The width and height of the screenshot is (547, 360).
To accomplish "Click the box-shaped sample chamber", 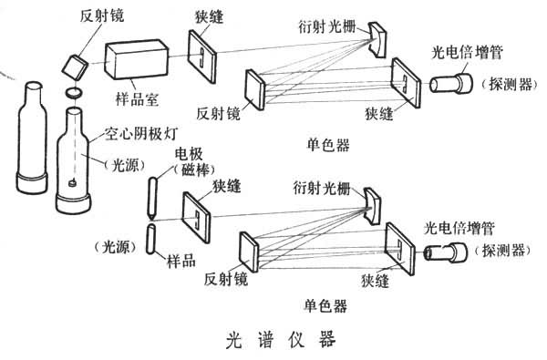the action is click(x=137, y=59).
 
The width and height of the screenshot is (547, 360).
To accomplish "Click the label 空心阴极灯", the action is click(x=141, y=134).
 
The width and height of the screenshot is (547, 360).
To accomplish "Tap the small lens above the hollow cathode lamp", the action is click(x=75, y=93).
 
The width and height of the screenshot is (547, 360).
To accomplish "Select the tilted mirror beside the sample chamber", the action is click(x=75, y=67).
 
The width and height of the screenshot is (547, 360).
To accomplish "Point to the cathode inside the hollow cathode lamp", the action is click(x=73, y=182).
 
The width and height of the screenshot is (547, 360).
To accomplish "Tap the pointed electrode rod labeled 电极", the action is click(x=152, y=198).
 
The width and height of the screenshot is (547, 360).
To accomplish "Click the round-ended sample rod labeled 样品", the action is click(x=151, y=239).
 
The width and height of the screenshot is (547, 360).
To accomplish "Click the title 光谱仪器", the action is click(x=281, y=339).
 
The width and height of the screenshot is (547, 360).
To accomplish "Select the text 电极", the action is click(x=189, y=155).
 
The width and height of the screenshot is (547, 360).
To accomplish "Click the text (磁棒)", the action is click(x=194, y=170).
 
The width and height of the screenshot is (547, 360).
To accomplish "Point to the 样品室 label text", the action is click(x=137, y=99).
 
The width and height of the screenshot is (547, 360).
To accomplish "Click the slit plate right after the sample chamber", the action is click(x=202, y=57).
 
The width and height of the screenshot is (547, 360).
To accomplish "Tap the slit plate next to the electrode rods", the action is click(x=197, y=217).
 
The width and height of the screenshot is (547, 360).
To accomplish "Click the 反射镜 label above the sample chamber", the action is click(x=102, y=15).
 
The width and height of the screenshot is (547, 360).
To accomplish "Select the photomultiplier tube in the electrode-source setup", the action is click(x=446, y=252).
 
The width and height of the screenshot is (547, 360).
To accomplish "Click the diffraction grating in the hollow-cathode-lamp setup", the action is click(x=377, y=40).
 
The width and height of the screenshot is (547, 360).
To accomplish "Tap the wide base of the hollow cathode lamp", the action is click(x=74, y=203).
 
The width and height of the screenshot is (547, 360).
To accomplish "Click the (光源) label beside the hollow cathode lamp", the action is click(x=125, y=165).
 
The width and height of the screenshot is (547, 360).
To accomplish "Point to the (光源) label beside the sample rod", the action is click(x=116, y=247).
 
